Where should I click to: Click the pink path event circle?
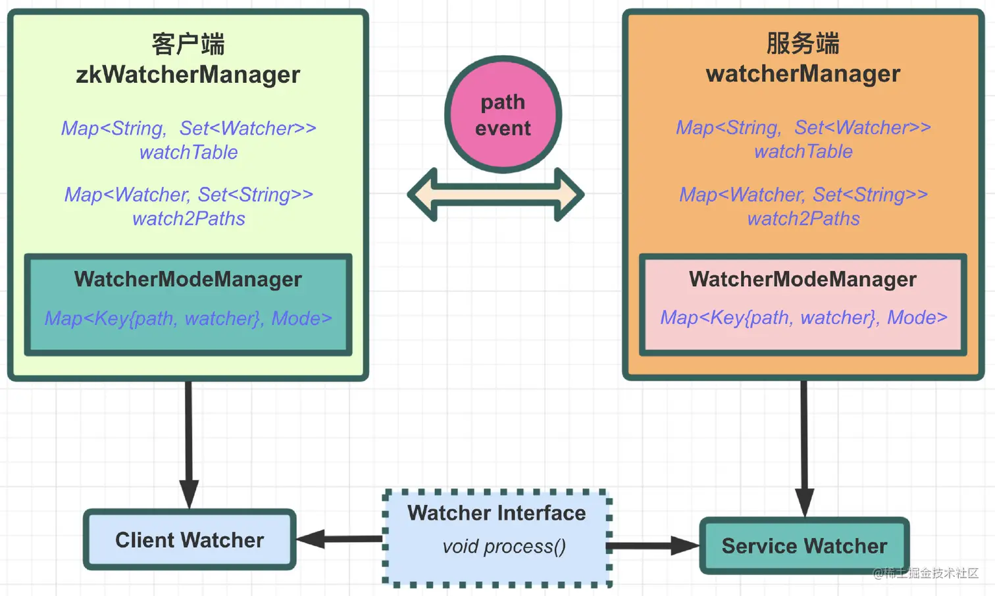pyautogui.click(x=503, y=114)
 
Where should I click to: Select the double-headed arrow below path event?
pyautogui.click(x=496, y=195)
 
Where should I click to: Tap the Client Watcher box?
pyautogui.click(x=190, y=540)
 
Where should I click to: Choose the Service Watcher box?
pyautogui.click(x=804, y=546)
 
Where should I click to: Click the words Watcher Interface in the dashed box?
pyautogui.click(x=496, y=513)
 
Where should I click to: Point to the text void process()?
pyautogui.click(x=504, y=547)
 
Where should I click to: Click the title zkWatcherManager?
pyautogui.click(x=188, y=74)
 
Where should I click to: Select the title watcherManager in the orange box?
pyautogui.click(x=803, y=74)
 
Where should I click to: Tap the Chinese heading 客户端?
pyautogui.click(x=188, y=44)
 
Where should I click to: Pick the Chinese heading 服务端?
pyautogui.click(x=803, y=43)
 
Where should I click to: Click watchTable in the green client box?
pyautogui.click(x=188, y=153)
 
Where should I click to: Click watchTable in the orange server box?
pyautogui.click(x=803, y=152)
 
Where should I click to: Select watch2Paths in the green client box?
pyautogui.click(x=188, y=219)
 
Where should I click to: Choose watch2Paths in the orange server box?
pyautogui.click(x=803, y=219)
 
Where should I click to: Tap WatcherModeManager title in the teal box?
pyautogui.click(x=188, y=280)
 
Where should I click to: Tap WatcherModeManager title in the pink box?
pyautogui.click(x=803, y=280)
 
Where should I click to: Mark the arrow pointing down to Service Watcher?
pyautogui.click(x=804, y=447)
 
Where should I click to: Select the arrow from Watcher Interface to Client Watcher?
pyautogui.click(x=340, y=539)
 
